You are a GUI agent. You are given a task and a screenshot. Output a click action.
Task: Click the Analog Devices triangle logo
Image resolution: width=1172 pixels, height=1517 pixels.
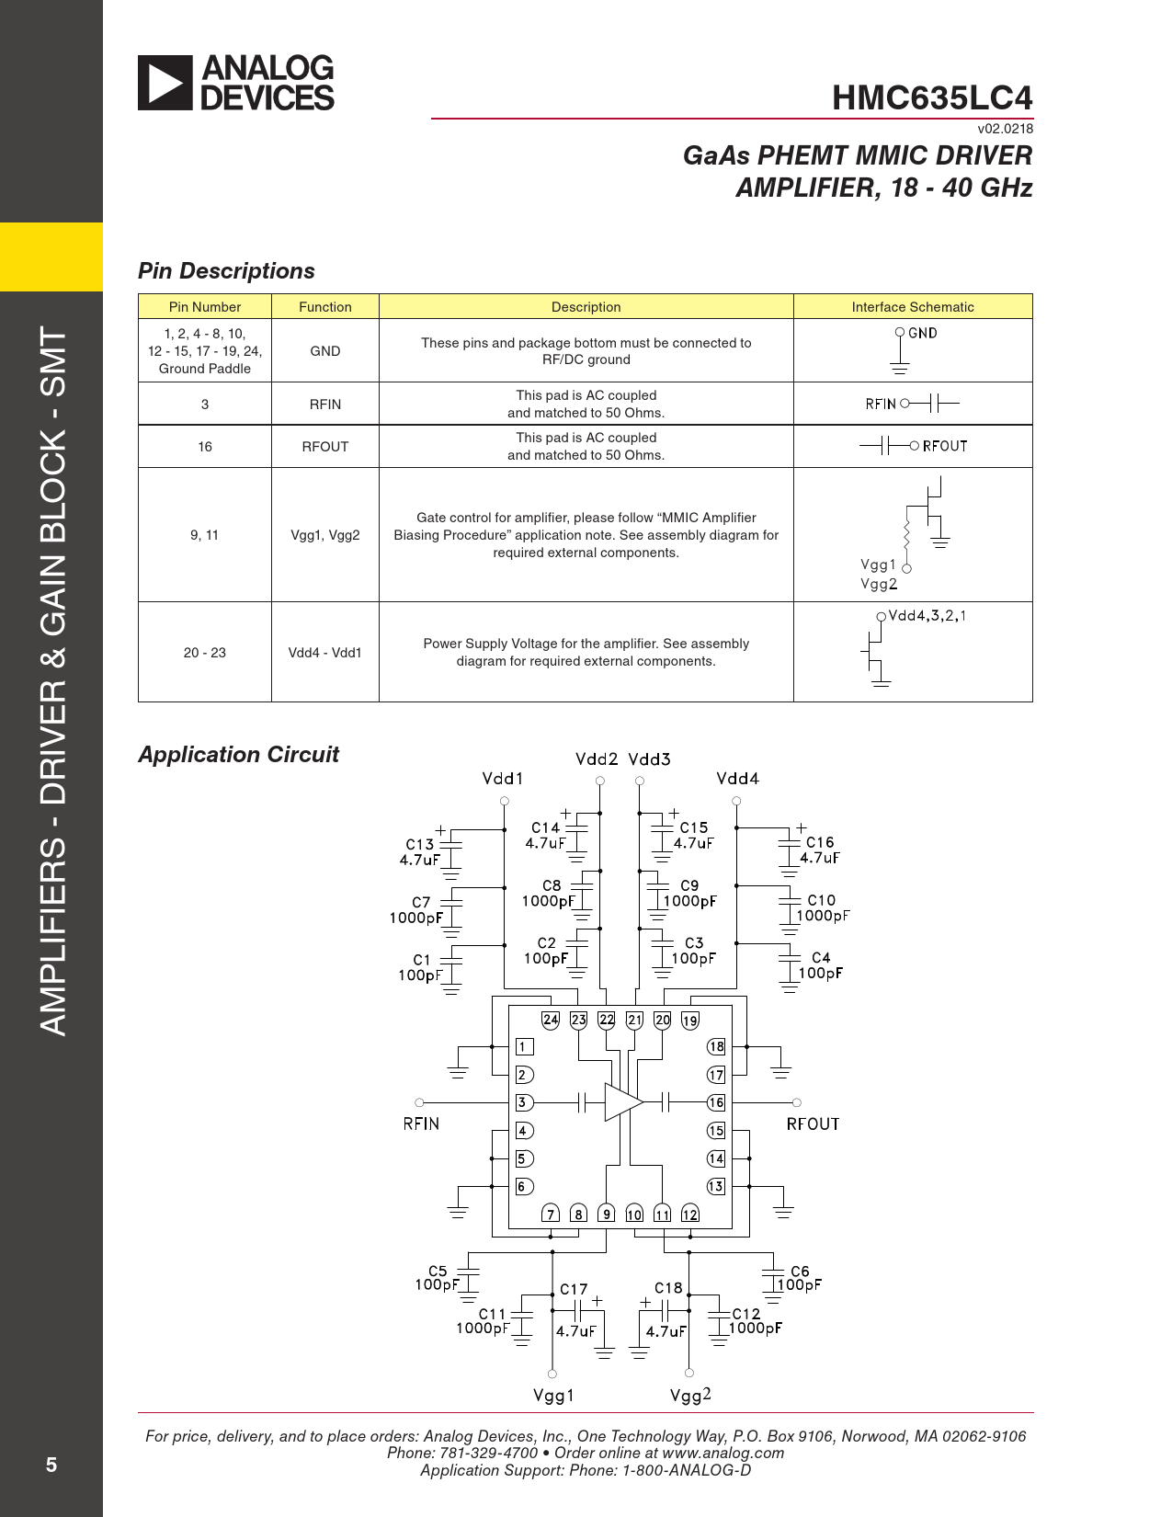pyautogui.click(x=165, y=83)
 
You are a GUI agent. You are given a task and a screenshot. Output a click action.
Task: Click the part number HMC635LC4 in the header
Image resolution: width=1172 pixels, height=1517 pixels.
pyautogui.click(x=931, y=97)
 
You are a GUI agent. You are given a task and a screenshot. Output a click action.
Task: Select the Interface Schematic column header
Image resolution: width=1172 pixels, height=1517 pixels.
pyautogui.click(x=912, y=307)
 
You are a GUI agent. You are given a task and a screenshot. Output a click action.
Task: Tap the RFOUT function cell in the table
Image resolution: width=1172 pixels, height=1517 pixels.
pyautogui.click(x=325, y=447)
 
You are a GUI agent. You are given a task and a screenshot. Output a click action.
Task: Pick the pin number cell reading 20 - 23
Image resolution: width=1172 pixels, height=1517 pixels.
pyautogui.click(x=204, y=653)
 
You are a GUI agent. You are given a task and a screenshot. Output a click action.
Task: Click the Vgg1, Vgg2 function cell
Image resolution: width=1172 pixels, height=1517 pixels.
pyautogui.click(x=325, y=535)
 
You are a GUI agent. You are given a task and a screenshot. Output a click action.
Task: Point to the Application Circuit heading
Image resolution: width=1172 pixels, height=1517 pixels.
pyautogui.click(x=238, y=755)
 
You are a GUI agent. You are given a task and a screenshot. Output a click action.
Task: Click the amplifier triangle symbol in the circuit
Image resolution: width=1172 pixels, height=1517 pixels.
pyautogui.click(x=621, y=1102)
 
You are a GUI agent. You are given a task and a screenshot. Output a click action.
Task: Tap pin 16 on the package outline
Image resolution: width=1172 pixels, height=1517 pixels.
pyautogui.click(x=716, y=1102)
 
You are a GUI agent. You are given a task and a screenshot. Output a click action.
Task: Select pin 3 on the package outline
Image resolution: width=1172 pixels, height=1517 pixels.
pyautogui.click(x=523, y=1102)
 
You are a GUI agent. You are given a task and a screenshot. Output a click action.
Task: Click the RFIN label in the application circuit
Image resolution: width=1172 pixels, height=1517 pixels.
pyautogui.click(x=421, y=1123)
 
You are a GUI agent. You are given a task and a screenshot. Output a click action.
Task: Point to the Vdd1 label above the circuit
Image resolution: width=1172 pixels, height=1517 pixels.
pyautogui.click(x=503, y=779)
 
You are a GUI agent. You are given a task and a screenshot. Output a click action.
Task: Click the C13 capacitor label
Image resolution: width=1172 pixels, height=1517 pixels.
pyautogui.click(x=420, y=844)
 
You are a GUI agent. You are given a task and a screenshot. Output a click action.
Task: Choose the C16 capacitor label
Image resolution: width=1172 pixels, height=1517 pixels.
pyautogui.click(x=820, y=842)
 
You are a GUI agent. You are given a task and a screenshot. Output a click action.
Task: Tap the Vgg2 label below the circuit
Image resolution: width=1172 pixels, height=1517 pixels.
pyautogui.click(x=690, y=1396)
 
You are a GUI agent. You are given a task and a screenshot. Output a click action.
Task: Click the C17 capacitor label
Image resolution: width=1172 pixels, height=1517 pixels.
pyautogui.click(x=574, y=1290)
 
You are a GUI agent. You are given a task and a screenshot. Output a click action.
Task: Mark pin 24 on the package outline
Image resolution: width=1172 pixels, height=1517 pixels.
pyautogui.click(x=551, y=1020)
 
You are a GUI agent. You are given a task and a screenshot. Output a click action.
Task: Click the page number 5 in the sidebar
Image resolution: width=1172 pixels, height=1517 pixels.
pyautogui.click(x=51, y=1466)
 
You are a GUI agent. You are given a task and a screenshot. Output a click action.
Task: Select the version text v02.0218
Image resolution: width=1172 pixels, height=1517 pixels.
pyautogui.click(x=1005, y=129)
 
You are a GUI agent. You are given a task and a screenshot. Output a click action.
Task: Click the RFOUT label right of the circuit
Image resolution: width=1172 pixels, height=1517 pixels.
pyautogui.click(x=813, y=1123)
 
